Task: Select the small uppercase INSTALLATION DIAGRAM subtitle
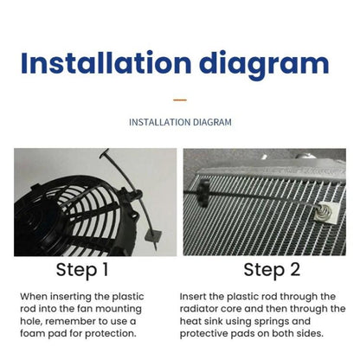180,122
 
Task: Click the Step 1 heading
82,269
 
